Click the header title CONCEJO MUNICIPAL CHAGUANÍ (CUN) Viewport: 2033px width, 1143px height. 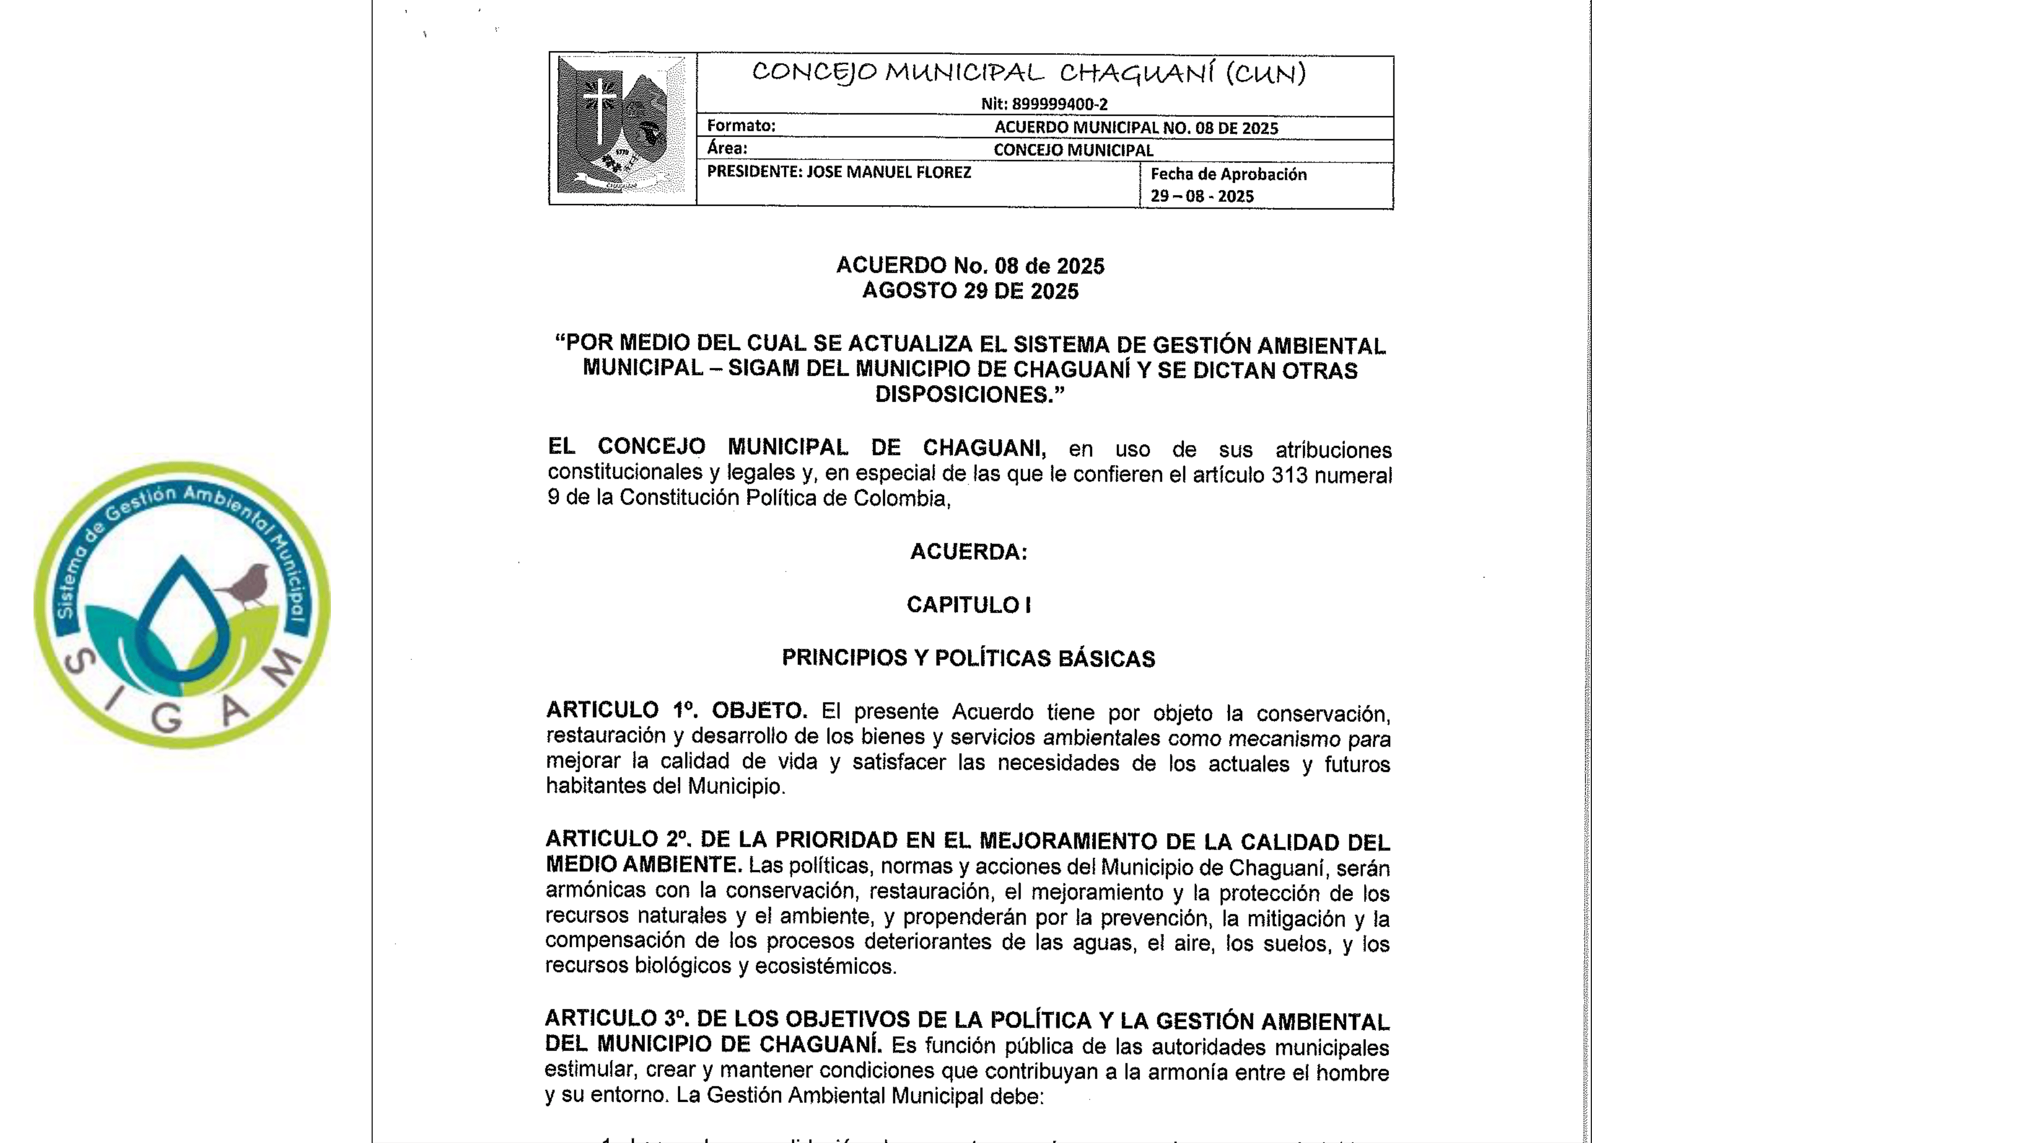(1028, 73)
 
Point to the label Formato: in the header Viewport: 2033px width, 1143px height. (741, 126)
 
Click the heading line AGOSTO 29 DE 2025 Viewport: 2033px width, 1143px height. (970, 291)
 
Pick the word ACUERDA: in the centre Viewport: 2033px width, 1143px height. (968, 552)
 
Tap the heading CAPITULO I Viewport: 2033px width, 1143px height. (968, 605)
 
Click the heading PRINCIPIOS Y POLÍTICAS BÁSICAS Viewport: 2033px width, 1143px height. (968, 659)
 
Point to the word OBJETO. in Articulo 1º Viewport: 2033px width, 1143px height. (759, 711)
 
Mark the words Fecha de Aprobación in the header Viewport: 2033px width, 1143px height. (1228, 174)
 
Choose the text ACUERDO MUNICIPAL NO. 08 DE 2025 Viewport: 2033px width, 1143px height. (1135, 128)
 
